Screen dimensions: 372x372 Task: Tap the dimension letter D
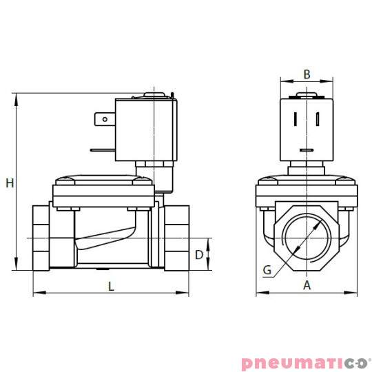[x=199, y=255]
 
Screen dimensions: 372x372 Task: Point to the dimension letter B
[x=307, y=74]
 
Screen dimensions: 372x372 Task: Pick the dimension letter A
[x=307, y=285]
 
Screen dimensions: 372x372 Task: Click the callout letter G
[x=267, y=270]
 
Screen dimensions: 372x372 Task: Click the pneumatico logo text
[x=305, y=362]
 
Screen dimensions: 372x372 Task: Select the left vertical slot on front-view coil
[x=296, y=118]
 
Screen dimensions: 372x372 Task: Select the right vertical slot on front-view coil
[x=318, y=118]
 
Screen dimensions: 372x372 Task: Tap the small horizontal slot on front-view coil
[x=307, y=149]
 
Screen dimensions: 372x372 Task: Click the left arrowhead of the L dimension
[x=36, y=293]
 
